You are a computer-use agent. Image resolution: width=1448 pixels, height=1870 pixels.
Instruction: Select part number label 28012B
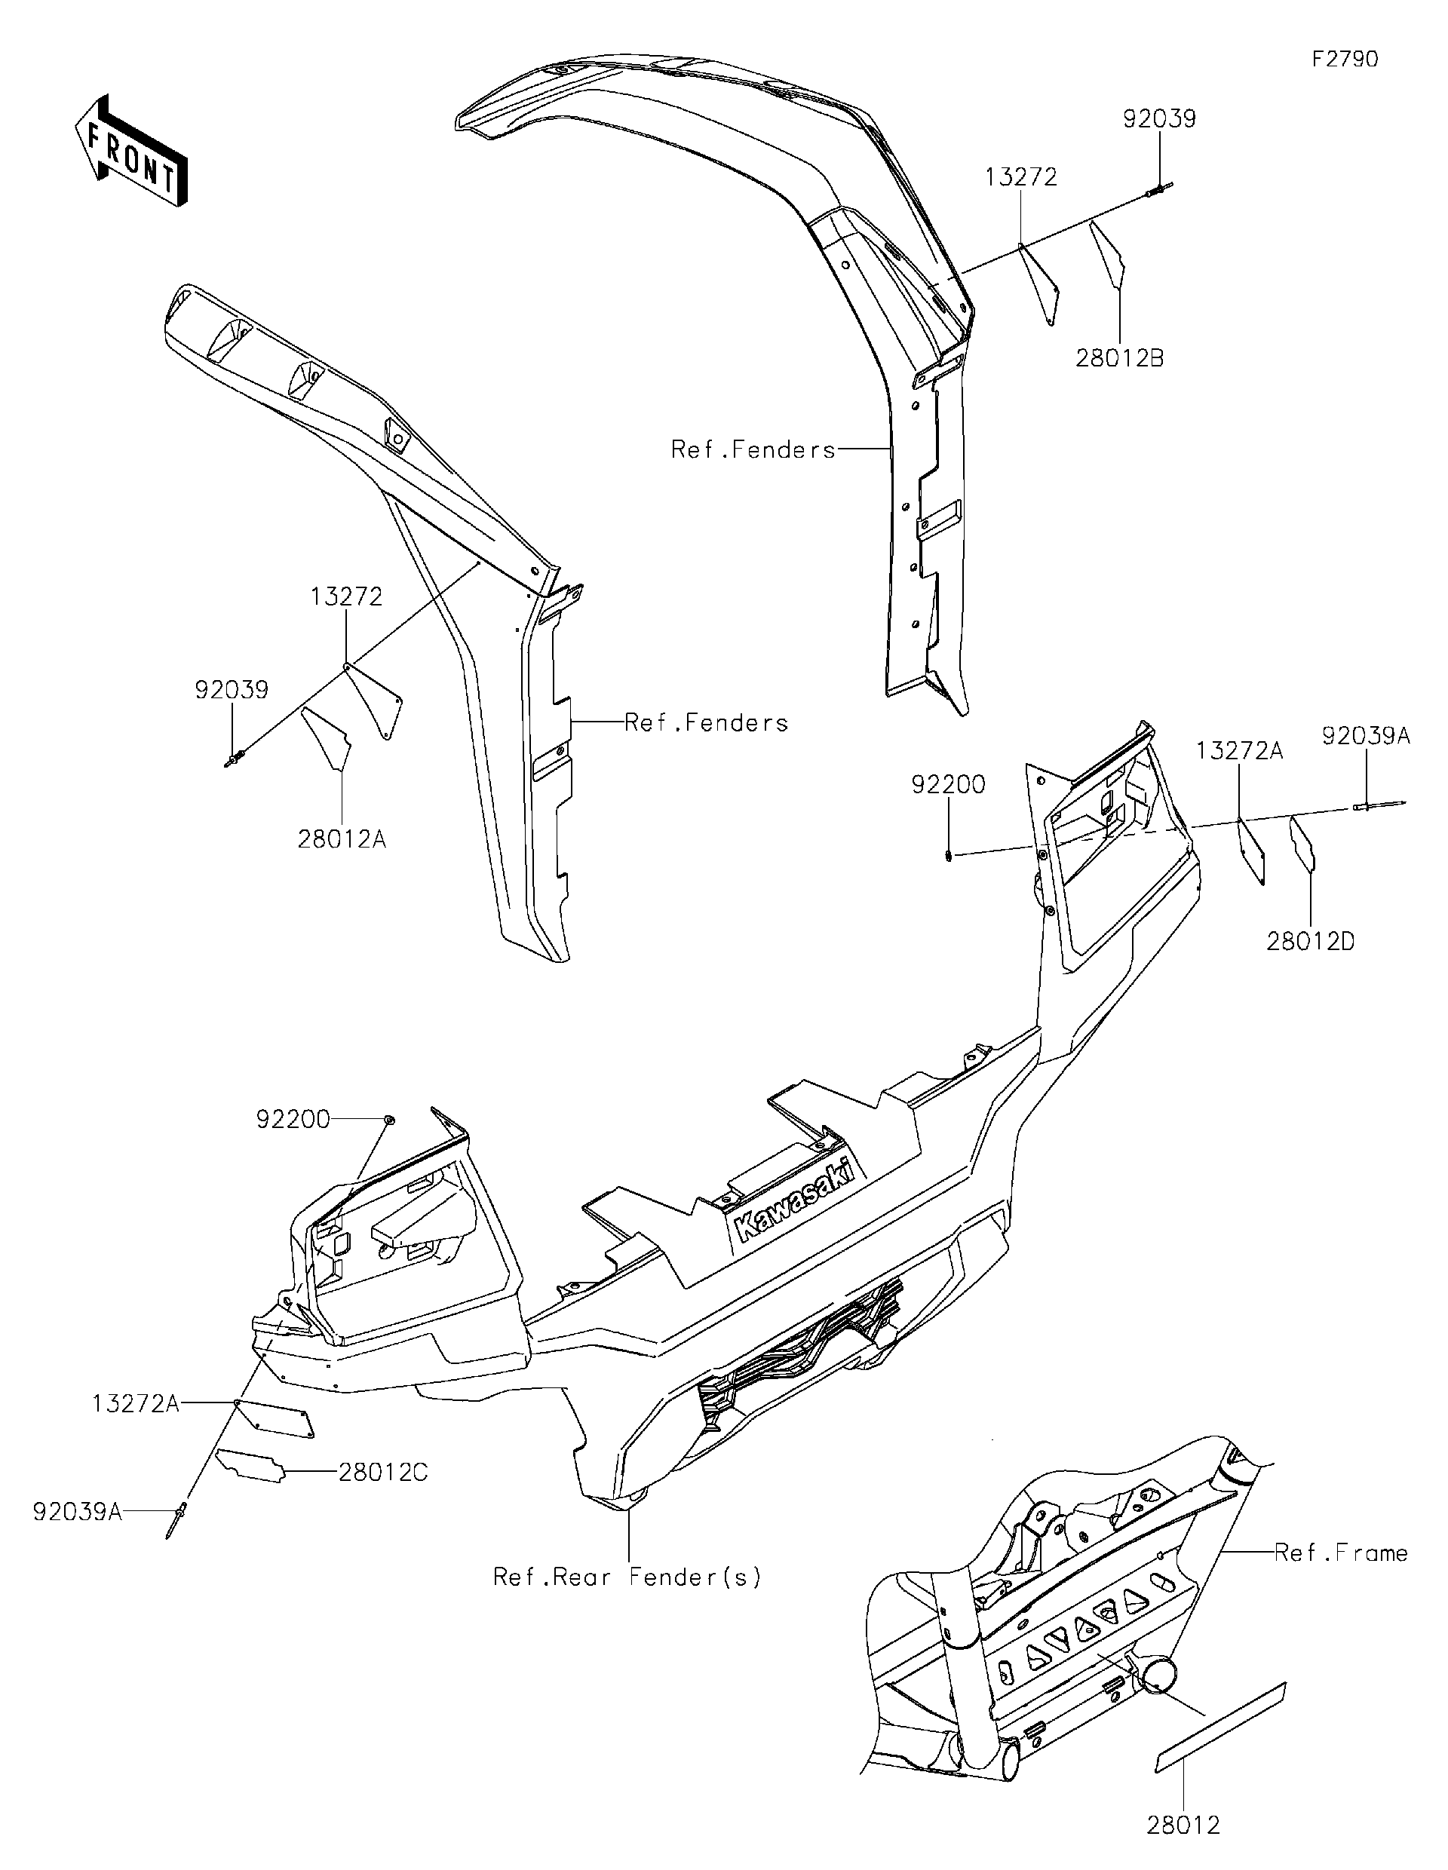(x=1119, y=359)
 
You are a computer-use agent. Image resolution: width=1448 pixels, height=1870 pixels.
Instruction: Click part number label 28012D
(x=1310, y=942)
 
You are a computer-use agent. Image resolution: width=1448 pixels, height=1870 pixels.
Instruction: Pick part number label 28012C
(x=383, y=1473)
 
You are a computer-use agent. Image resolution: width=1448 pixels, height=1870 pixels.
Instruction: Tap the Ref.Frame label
(x=1341, y=1553)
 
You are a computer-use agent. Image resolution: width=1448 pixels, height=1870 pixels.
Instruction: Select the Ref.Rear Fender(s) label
(x=627, y=1577)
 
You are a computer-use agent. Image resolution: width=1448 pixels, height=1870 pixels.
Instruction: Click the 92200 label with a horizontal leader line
(x=293, y=1119)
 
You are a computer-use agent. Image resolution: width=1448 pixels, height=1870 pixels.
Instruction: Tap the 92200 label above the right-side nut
(x=948, y=784)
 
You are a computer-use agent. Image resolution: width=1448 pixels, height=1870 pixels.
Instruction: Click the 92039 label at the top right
(x=1159, y=119)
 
